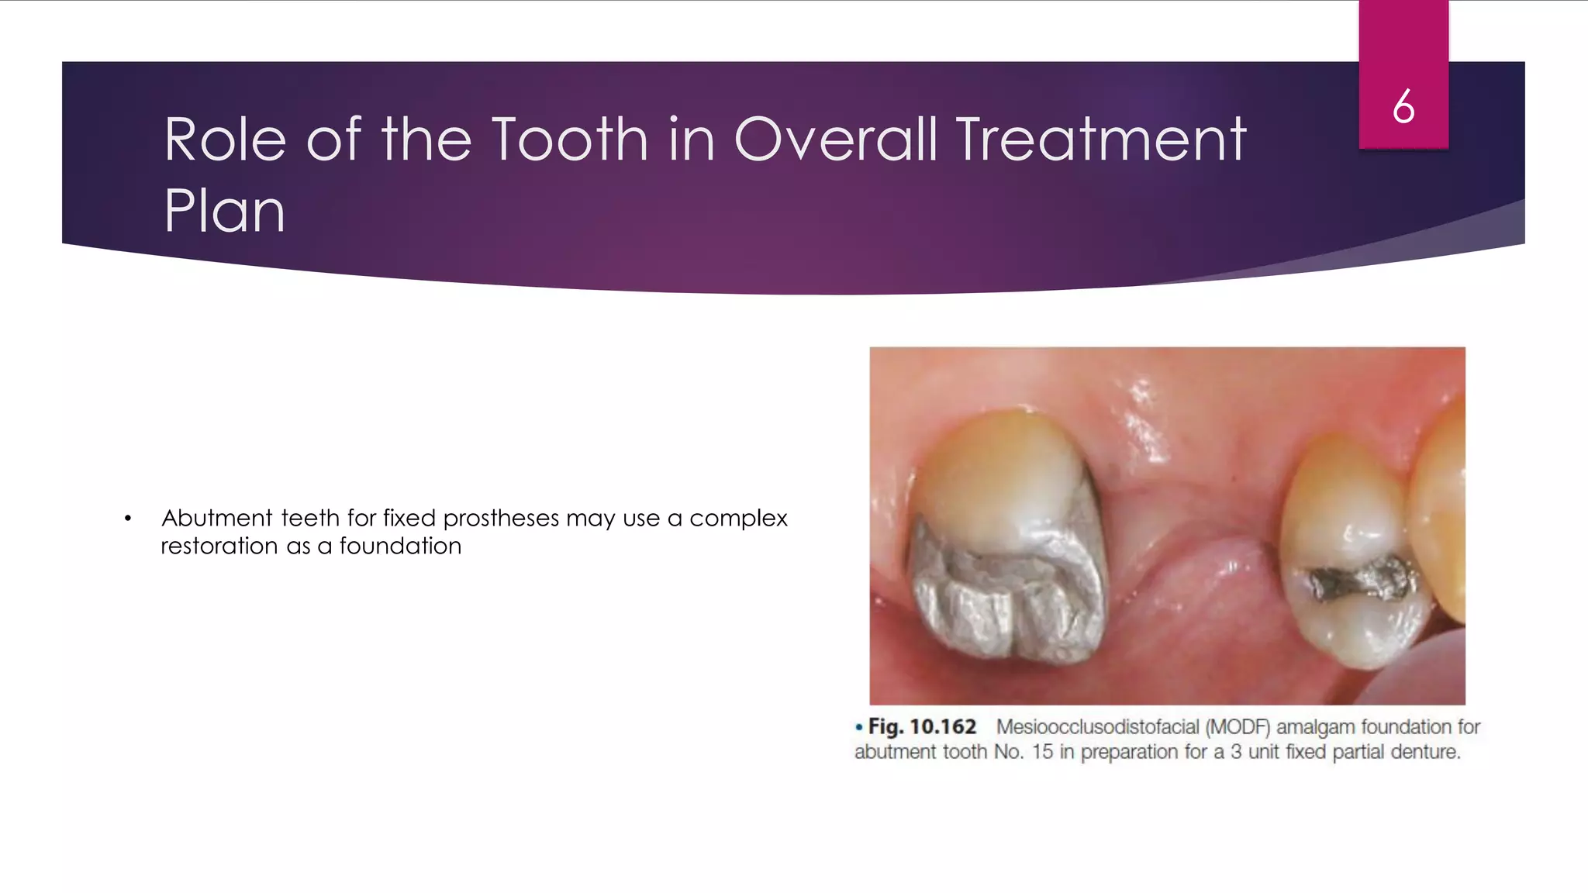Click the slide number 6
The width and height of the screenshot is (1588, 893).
coord(1403,106)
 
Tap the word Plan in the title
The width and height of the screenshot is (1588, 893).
coord(224,211)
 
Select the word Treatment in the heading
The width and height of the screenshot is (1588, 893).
coord(1101,140)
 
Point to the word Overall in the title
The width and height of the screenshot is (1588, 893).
coord(836,140)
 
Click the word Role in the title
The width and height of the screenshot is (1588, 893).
coord(225,140)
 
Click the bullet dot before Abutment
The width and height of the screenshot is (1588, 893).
coord(128,519)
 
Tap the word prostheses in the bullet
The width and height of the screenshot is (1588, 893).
coord(501,518)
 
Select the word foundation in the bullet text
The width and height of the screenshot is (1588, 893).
coord(400,546)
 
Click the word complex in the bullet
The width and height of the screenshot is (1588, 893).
coord(738,519)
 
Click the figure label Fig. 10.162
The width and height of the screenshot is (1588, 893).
coord(921,727)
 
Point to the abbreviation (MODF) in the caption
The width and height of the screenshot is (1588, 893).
coord(1238,727)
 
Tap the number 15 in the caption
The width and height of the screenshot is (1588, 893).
coord(1042,752)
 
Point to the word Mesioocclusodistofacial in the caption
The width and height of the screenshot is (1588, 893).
coord(1097,727)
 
